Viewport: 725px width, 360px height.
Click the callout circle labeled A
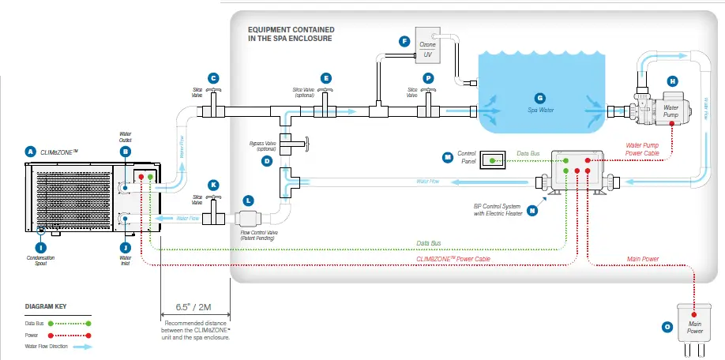pos(31,151)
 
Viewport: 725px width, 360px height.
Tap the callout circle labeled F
pos(405,40)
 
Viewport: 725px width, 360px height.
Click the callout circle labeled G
pos(540,98)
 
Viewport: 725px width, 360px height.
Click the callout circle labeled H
pos(672,81)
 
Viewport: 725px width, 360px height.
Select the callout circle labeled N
pos(532,211)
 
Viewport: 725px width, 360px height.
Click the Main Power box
pos(693,328)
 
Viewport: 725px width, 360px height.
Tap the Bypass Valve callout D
pos(267,161)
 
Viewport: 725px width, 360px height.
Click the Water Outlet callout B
pos(125,151)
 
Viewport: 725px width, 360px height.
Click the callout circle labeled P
pos(429,77)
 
